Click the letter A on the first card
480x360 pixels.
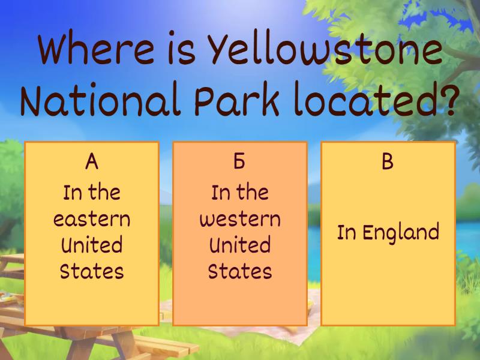pyautogui.click(x=91, y=161)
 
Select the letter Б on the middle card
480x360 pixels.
pyautogui.click(x=239, y=161)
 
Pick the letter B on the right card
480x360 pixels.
pyautogui.click(x=388, y=161)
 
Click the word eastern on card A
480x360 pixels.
pyautogui.click(x=91, y=218)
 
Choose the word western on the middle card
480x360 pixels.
pyautogui.click(x=239, y=218)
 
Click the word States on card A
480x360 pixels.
pyautogui.click(x=91, y=271)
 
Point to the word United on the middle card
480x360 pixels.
pyautogui.click(x=239, y=245)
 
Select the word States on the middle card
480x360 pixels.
pyautogui.click(x=239, y=271)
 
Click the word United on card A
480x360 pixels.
pyautogui.click(x=91, y=245)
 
